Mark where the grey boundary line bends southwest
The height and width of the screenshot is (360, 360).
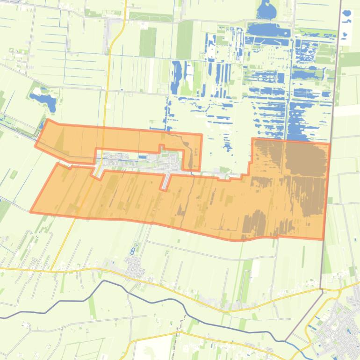point(322,292)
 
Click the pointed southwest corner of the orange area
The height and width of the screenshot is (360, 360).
point(31,212)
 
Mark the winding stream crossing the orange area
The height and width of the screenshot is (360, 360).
point(186,196)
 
